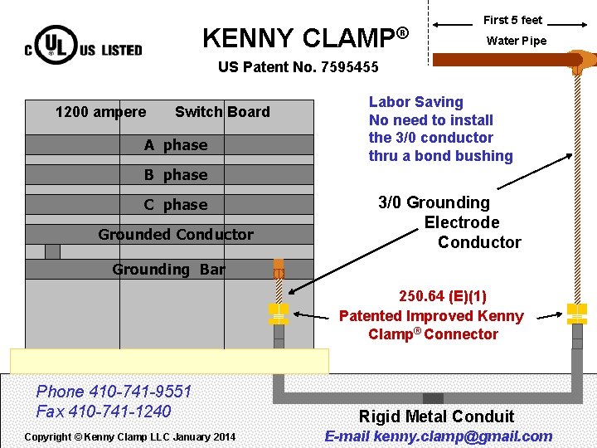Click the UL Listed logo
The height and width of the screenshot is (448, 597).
(x=83, y=46)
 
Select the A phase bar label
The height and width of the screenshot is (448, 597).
(x=176, y=145)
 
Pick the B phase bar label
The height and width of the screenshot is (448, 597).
(x=176, y=175)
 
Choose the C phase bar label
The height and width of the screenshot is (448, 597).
(x=176, y=205)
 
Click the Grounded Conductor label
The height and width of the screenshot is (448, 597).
(x=176, y=235)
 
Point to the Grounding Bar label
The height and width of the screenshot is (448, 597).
(x=168, y=270)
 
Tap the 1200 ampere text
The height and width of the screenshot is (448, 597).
(x=100, y=112)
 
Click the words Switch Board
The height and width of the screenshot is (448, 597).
(x=222, y=112)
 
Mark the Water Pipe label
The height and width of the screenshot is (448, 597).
(x=516, y=41)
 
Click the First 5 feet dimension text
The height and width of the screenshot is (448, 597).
(x=512, y=20)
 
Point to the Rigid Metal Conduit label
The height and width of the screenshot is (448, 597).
(x=436, y=416)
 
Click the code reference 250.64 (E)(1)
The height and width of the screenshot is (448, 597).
(x=443, y=296)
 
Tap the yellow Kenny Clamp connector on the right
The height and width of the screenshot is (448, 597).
(x=576, y=313)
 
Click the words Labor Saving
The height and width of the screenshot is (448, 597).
(x=415, y=102)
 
